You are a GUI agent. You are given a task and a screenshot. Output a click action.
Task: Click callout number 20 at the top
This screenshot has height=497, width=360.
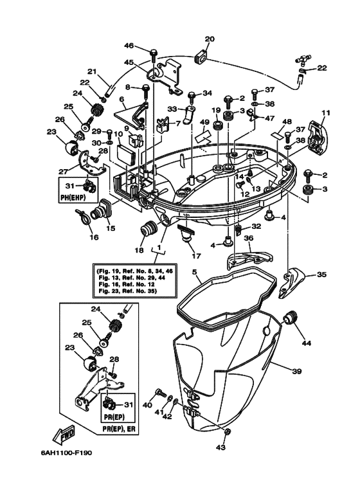point(209,39)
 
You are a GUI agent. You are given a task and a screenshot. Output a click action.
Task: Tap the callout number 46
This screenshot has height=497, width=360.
point(129,46)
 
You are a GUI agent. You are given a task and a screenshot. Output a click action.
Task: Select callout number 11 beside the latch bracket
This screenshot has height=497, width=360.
point(326,113)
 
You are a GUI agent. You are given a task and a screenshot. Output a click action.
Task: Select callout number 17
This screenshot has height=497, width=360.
point(195,256)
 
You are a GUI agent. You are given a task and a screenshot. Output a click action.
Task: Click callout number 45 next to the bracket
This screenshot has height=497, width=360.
point(129,62)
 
